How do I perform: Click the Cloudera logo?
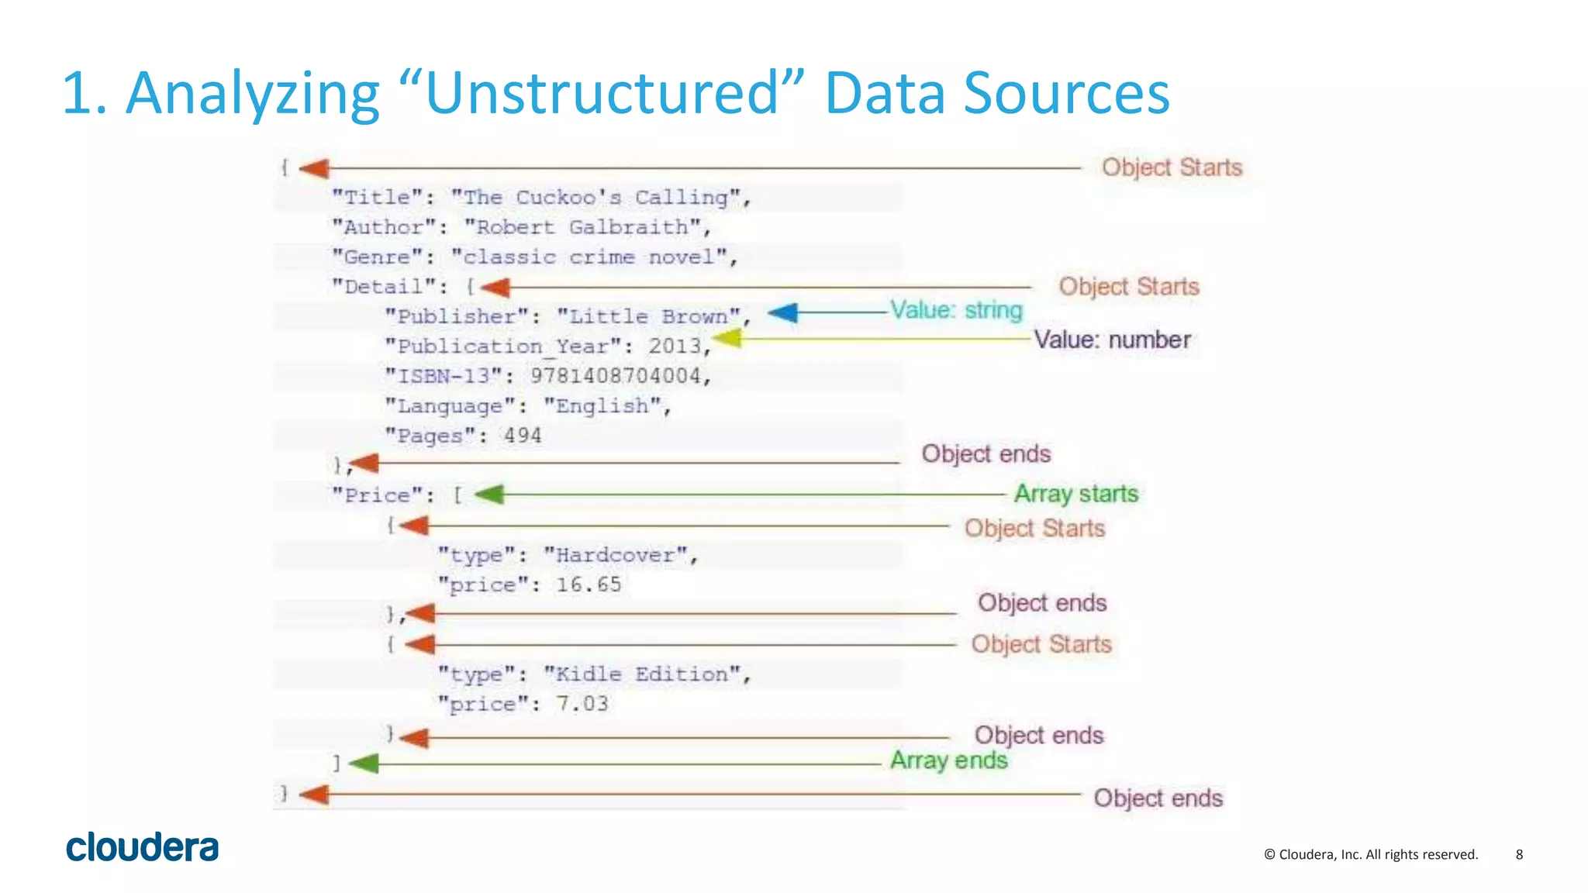[142, 847]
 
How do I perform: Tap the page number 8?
[1519, 854]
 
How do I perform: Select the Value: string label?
[956, 310]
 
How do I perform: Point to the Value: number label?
[1112, 340]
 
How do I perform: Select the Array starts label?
[1076, 494]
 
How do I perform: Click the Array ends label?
[948, 760]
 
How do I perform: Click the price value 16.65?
[589, 584]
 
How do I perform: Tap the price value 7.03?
[582, 704]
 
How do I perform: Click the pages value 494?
[523, 436]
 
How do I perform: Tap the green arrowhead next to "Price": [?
[489, 495]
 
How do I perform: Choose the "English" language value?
[602, 406]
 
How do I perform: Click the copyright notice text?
[1370, 854]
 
